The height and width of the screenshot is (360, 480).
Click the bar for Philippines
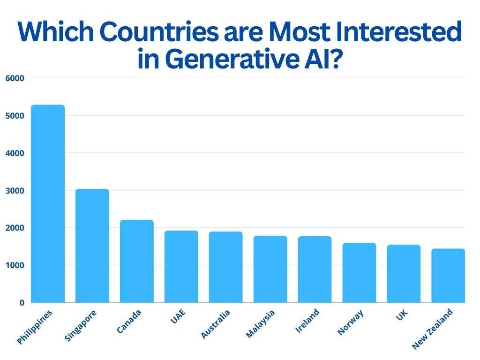[48, 203]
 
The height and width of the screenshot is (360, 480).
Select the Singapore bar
[92, 246]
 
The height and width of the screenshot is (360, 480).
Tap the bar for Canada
[137, 261]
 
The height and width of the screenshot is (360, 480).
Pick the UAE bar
[181, 267]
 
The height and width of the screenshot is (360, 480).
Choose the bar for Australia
[226, 267]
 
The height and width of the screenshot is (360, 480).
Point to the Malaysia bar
[270, 269]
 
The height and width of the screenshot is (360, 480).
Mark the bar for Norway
[360, 273]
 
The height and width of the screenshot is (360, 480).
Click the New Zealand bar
[448, 276]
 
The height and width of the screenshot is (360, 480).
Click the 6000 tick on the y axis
[15, 78]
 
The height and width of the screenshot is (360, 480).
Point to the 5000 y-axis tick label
[15, 116]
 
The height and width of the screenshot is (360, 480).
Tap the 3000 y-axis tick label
[15, 191]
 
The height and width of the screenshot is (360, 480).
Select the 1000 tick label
[15, 265]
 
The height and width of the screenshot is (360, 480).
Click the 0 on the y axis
[22, 303]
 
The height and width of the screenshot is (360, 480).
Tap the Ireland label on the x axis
[307, 321]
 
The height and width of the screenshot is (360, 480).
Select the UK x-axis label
[402, 315]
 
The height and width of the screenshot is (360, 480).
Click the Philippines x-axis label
[34, 327]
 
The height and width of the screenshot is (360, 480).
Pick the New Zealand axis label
[432, 329]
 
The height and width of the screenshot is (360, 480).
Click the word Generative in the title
[232, 59]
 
